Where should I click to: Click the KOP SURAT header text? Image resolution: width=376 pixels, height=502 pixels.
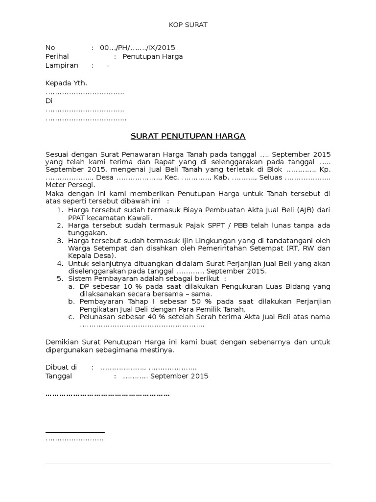coord(188,25)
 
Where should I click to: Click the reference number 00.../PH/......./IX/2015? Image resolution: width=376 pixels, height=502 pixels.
coord(138,48)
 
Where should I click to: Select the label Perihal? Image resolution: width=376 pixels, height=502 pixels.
coord(57,56)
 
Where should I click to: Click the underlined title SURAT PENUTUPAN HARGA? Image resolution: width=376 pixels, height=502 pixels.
coord(188,136)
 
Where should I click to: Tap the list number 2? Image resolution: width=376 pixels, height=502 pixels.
coord(59,226)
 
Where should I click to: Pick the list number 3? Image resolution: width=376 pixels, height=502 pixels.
coord(59,241)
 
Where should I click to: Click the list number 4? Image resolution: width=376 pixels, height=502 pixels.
coord(59,264)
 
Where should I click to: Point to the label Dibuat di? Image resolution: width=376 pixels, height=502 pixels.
coord(61,367)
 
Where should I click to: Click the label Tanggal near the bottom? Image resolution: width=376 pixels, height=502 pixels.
coord(59,376)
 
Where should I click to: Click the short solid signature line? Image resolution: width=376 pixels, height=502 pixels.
coord(75,432)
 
